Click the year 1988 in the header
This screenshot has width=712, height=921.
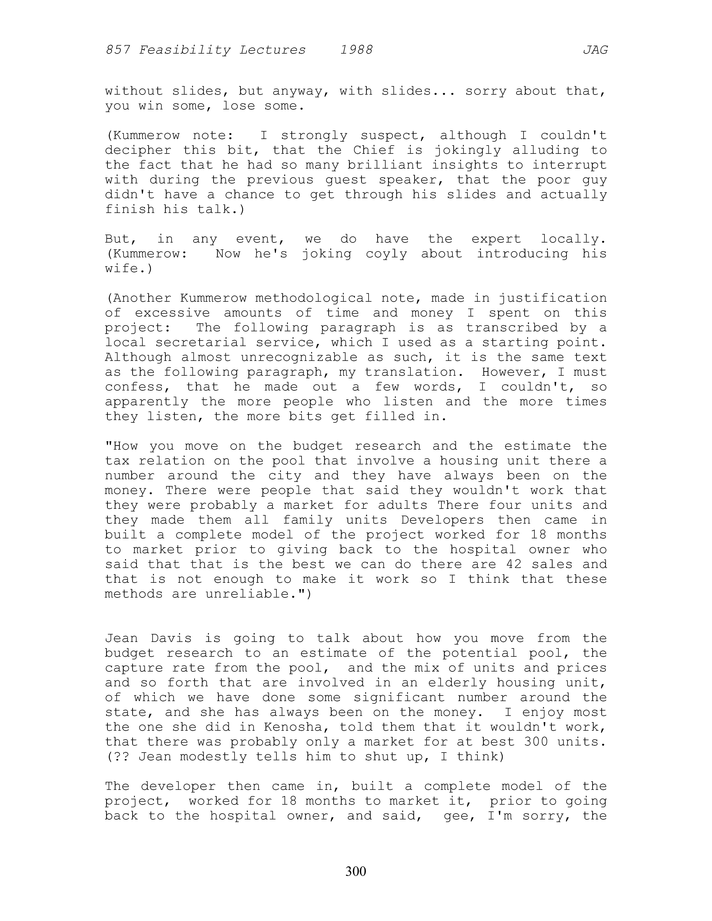(356, 50)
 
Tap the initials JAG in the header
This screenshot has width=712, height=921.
(595, 50)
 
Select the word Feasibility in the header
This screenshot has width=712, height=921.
(185, 50)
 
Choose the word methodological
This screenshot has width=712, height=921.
(313, 298)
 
